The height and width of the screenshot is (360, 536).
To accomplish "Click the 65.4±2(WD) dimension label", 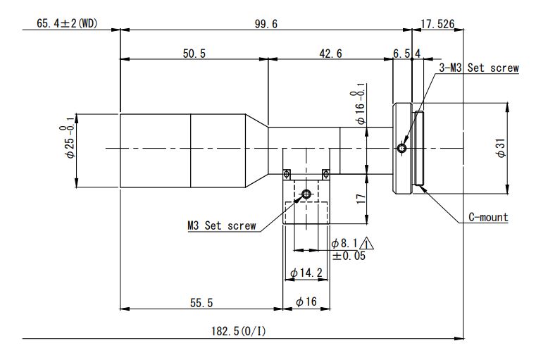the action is tap(67, 23).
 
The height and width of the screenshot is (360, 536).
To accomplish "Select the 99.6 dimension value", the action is tap(266, 24).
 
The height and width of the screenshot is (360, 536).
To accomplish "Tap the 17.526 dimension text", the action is tap(437, 24).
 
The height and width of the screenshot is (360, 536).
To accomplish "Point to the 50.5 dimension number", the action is tap(194, 54).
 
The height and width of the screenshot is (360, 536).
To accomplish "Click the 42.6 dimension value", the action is tap(330, 54).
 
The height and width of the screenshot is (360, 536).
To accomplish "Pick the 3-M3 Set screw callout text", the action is tap(479, 68).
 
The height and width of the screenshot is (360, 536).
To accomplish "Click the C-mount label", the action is tap(488, 217).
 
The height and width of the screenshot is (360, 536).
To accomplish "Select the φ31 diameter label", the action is tap(501, 148).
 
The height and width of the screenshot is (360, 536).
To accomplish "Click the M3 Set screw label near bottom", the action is tap(221, 225).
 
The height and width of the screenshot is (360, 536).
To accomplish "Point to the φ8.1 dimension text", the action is tap(344, 244).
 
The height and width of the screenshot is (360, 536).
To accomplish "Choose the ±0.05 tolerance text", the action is tap(349, 256).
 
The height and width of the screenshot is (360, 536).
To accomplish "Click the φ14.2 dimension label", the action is tap(306, 273).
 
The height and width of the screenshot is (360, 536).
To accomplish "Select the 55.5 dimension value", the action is tap(201, 303).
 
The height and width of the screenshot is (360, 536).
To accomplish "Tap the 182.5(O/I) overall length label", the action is tap(238, 331).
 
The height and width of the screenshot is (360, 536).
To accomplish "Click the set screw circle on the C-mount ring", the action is tap(402, 149).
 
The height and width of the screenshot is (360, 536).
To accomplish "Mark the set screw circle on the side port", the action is tap(306, 194).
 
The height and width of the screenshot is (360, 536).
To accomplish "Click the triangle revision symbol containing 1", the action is tap(366, 244).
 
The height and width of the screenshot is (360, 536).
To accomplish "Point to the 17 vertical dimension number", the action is tap(361, 199).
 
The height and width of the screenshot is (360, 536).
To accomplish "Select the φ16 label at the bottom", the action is tap(306, 302).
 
